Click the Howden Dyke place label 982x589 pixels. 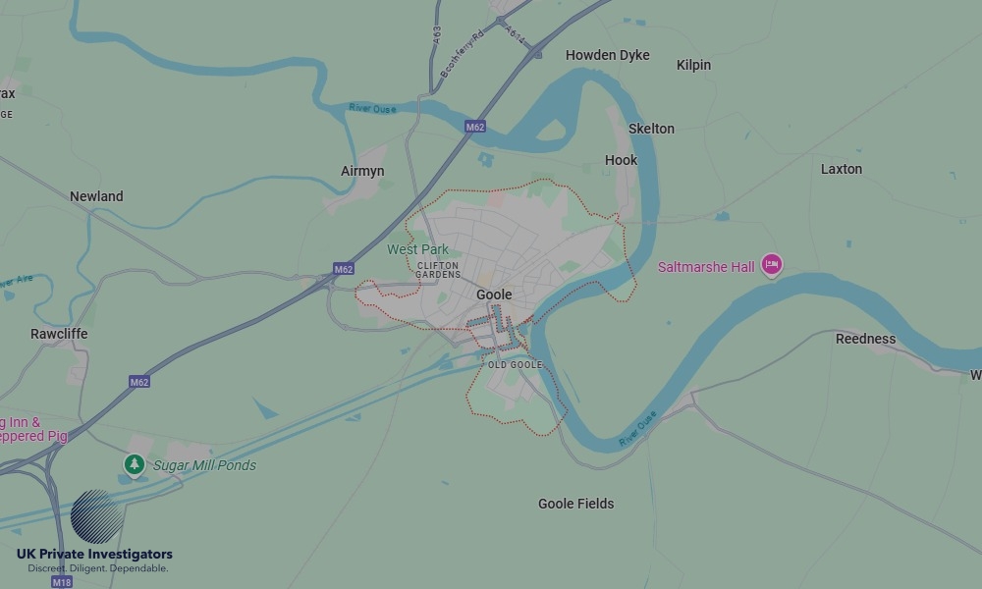[x=607, y=56]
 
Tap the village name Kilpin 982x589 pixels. [x=693, y=65]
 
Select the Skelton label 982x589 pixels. [x=651, y=129]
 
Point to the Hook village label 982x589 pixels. [x=621, y=160]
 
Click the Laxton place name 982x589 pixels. [x=841, y=169]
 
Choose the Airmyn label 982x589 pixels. [x=362, y=171]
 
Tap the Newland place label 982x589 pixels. [x=96, y=196]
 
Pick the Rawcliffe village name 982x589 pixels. [x=59, y=334]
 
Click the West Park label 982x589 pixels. [x=417, y=249]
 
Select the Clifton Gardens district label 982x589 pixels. [x=438, y=270]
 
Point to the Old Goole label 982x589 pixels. [x=515, y=365]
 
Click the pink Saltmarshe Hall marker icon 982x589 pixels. [x=772, y=264]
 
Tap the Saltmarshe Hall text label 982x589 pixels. [x=706, y=267]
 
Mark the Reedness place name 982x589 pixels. [x=865, y=339]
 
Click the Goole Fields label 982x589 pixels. [x=575, y=504]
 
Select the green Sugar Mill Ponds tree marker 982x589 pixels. [x=134, y=463]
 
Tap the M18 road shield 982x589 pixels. [x=61, y=582]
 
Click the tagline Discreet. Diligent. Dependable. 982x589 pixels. [x=97, y=568]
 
